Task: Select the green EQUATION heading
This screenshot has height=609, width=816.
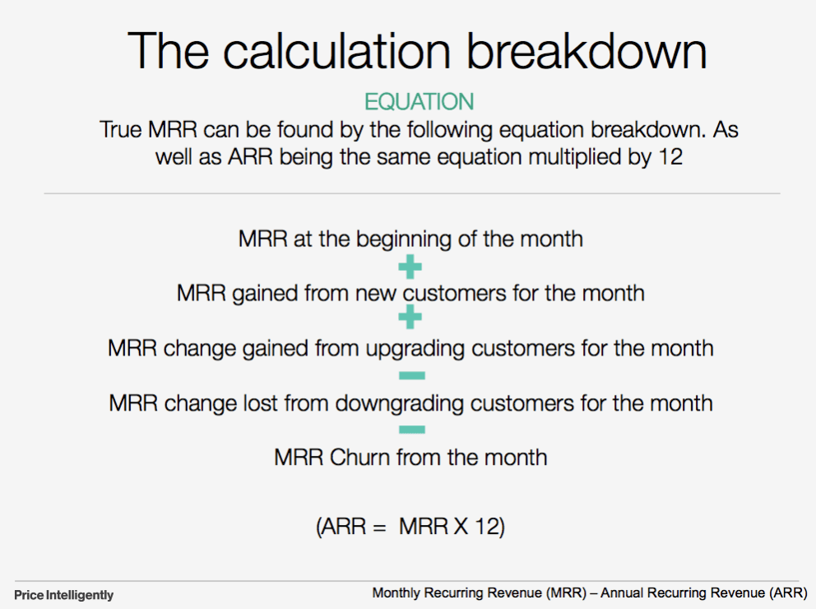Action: (419, 102)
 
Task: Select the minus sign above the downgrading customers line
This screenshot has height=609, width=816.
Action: (410, 376)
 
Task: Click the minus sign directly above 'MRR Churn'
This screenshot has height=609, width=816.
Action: (410, 430)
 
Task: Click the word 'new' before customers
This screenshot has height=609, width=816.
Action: (376, 293)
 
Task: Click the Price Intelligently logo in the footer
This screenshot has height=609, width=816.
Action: (64, 594)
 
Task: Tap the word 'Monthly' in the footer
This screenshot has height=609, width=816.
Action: (396, 593)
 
